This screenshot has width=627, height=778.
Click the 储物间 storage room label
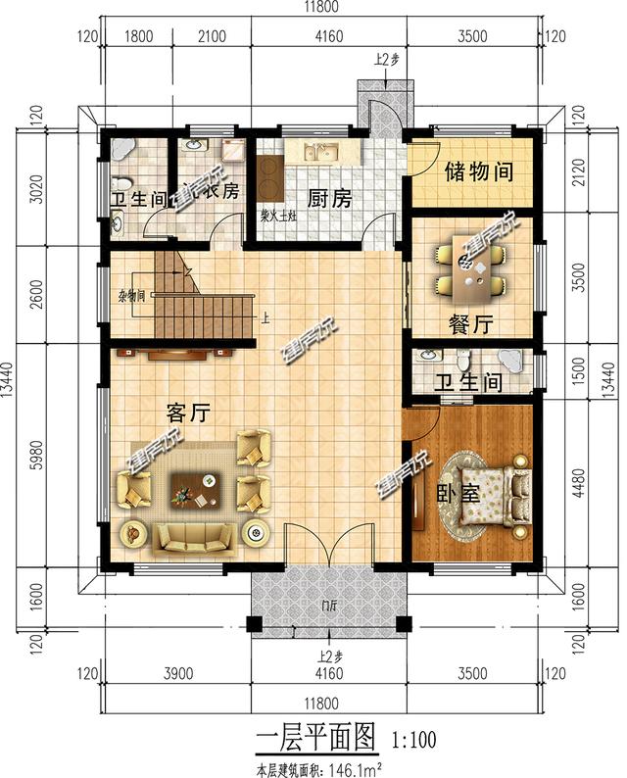tap(479, 171)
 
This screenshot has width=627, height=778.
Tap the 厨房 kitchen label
tap(330, 199)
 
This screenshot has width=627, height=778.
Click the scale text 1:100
tap(412, 736)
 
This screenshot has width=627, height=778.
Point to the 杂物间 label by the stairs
tap(132, 294)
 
